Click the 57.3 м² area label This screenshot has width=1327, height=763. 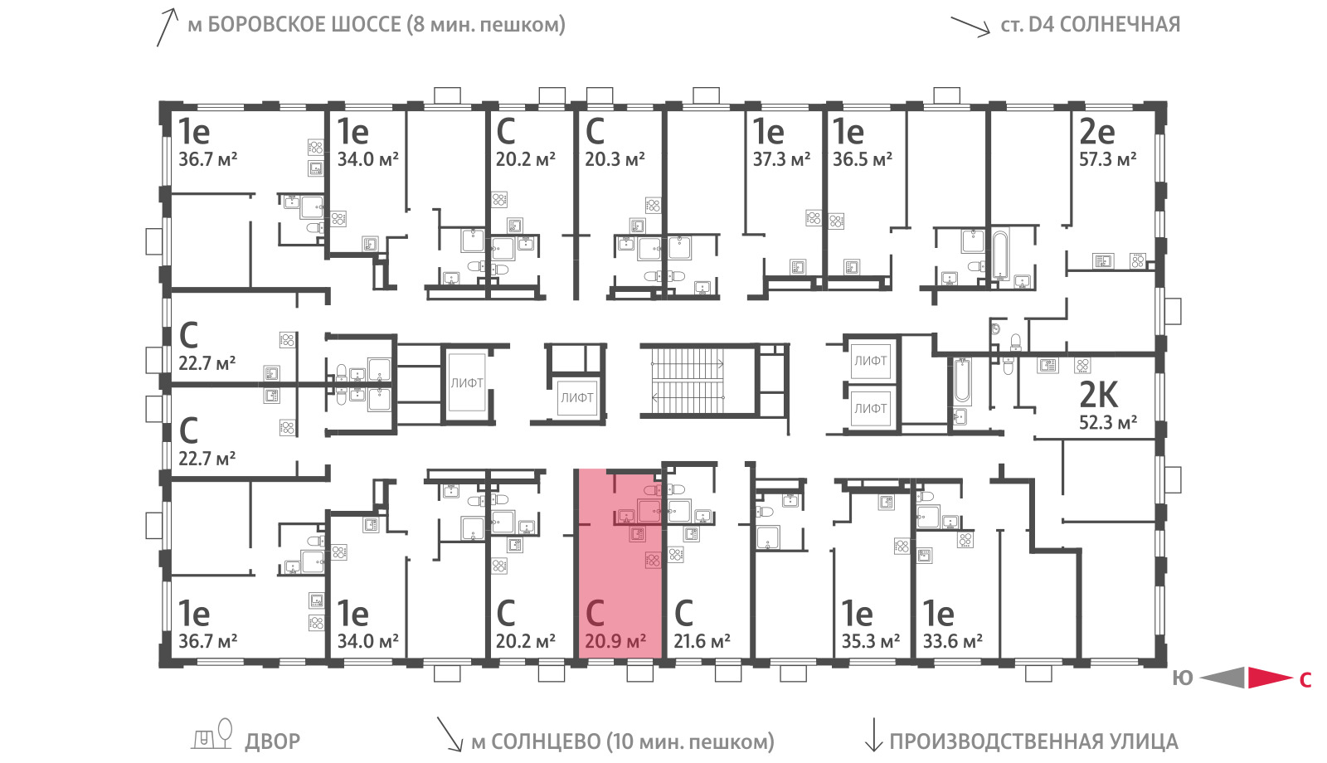pyautogui.click(x=1107, y=159)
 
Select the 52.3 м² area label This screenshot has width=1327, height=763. pyautogui.click(x=1108, y=422)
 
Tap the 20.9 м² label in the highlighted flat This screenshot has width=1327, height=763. pyautogui.click(x=615, y=640)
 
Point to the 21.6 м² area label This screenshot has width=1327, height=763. pyautogui.click(x=702, y=640)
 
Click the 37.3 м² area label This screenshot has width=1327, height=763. pyautogui.click(x=781, y=159)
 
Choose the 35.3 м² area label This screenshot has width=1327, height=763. pyautogui.click(x=870, y=640)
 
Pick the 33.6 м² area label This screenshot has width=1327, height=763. pyautogui.click(x=953, y=640)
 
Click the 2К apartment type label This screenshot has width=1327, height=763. pyautogui.click(x=1098, y=395)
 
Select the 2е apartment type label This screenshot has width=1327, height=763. pyautogui.click(x=1097, y=132)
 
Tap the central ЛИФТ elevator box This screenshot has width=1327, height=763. pyautogui.click(x=577, y=398)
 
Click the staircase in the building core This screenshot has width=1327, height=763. pyautogui.click(x=688, y=381)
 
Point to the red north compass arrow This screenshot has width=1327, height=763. pyautogui.click(x=1270, y=678)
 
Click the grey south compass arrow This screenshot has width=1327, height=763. pyautogui.click(x=1222, y=678)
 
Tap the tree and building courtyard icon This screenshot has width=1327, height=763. pyautogui.click(x=211, y=735)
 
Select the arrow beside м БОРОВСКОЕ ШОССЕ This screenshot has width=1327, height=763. pyautogui.click(x=167, y=27)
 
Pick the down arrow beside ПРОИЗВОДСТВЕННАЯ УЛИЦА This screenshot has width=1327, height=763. pyautogui.click(x=873, y=735)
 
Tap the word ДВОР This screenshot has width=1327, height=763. pyautogui.click(x=273, y=741)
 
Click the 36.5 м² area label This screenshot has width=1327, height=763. pyautogui.click(x=862, y=159)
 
